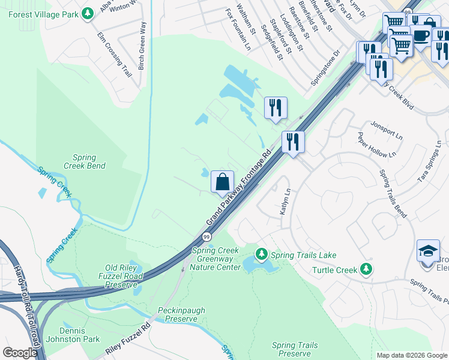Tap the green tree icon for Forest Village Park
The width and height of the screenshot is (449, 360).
click(x=88, y=13)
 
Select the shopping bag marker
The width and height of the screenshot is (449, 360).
click(x=222, y=181)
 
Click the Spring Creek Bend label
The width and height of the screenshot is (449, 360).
click(x=85, y=161)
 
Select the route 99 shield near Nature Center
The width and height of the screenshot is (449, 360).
click(x=206, y=238)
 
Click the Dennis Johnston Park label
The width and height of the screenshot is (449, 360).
click(x=80, y=335)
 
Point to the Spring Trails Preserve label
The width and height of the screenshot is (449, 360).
click(x=295, y=349)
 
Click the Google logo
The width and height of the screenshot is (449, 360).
click(x=20, y=353)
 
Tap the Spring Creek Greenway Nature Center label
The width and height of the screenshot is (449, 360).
click(x=216, y=259)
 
